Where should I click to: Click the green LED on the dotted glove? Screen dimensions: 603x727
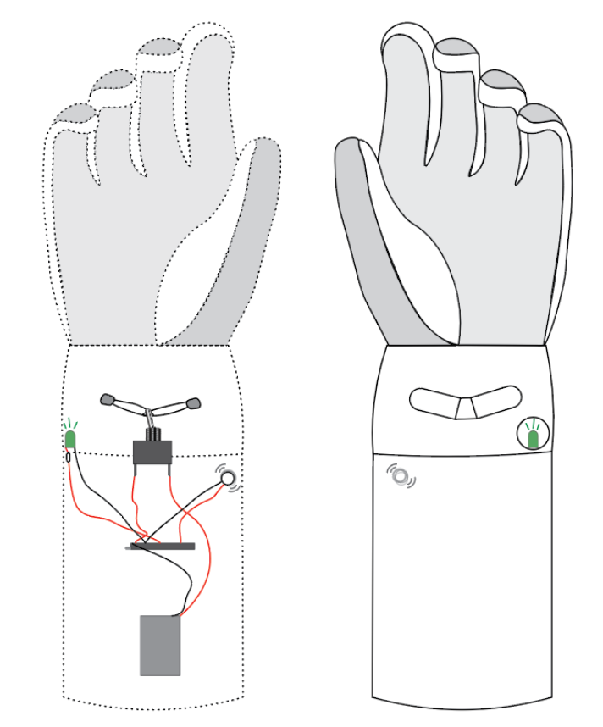[70, 439]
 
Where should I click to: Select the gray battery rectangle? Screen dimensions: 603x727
[160, 646]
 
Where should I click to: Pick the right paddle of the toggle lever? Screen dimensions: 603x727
[194, 402]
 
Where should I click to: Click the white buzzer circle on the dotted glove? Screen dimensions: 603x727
[228, 479]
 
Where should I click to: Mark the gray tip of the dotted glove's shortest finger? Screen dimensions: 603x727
[76, 114]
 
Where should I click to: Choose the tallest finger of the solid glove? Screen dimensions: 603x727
[407, 93]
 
